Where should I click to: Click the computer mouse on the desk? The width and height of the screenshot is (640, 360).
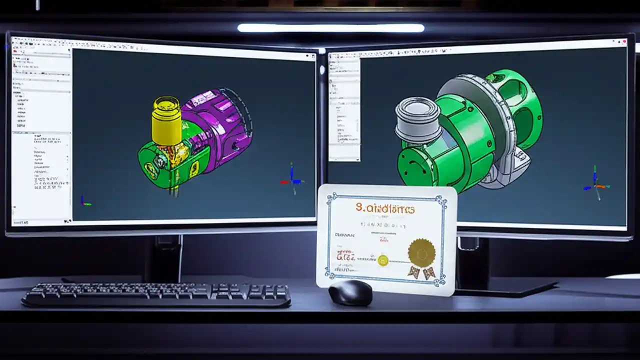(x=350, y=292)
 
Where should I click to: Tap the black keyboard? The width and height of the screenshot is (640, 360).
(x=156, y=294)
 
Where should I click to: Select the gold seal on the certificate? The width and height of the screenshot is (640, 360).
(x=421, y=252)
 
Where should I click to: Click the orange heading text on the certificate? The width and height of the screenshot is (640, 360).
(x=385, y=208)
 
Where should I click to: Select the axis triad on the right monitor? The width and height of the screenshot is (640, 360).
(x=595, y=184)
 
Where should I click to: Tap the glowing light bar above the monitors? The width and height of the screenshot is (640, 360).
(x=330, y=28)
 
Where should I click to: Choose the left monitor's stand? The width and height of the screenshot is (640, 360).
(x=162, y=257)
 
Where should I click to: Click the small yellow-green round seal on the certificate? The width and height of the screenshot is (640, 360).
(x=383, y=260)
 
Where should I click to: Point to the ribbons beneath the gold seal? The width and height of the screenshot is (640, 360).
(x=421, y=272)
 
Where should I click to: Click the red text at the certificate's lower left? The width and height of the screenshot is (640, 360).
(x=345, y=257)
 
